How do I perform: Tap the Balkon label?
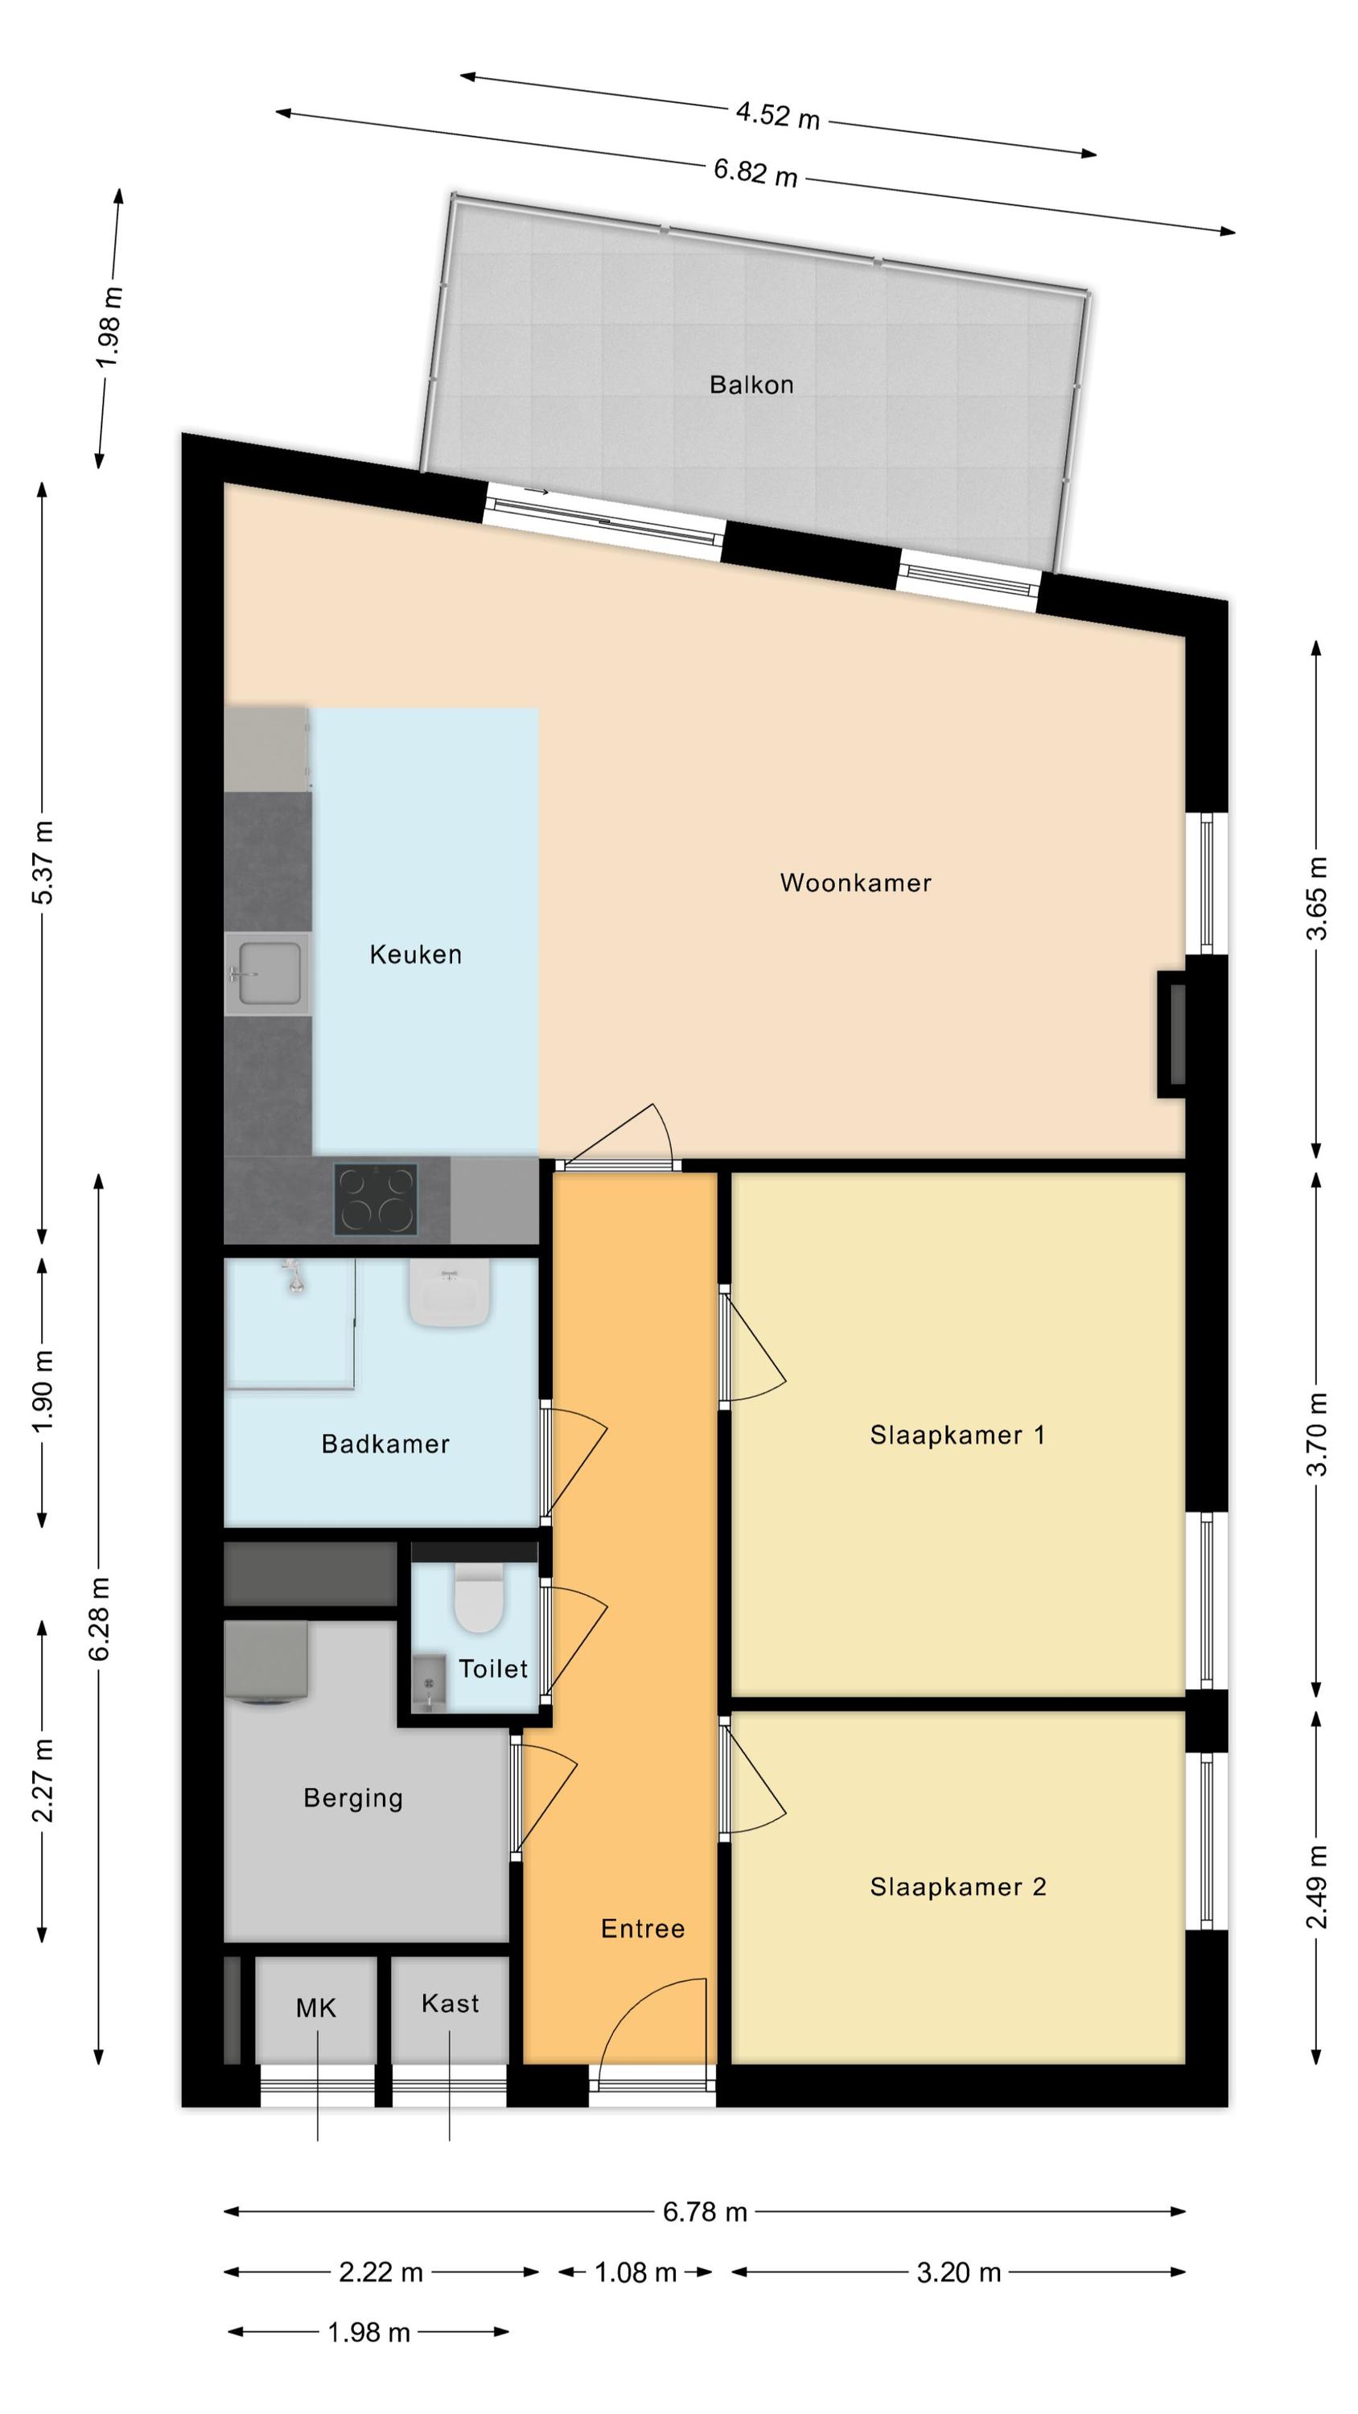click(751, 384)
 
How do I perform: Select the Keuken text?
click(415, 955)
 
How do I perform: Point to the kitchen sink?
click(267, 974)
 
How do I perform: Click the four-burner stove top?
click(376, 1200)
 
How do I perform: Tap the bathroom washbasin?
click(450, 1292)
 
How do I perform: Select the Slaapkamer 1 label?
click(957, 1436)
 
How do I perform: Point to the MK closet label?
click(316, 2008)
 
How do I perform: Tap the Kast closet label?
click(450, 2004)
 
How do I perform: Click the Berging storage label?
click(352, 1798)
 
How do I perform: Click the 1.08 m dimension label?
click(636, 2272)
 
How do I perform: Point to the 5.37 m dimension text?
click(43, 862)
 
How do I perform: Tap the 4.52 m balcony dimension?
click(777, 115)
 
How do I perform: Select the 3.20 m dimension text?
click(959, 2272)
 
